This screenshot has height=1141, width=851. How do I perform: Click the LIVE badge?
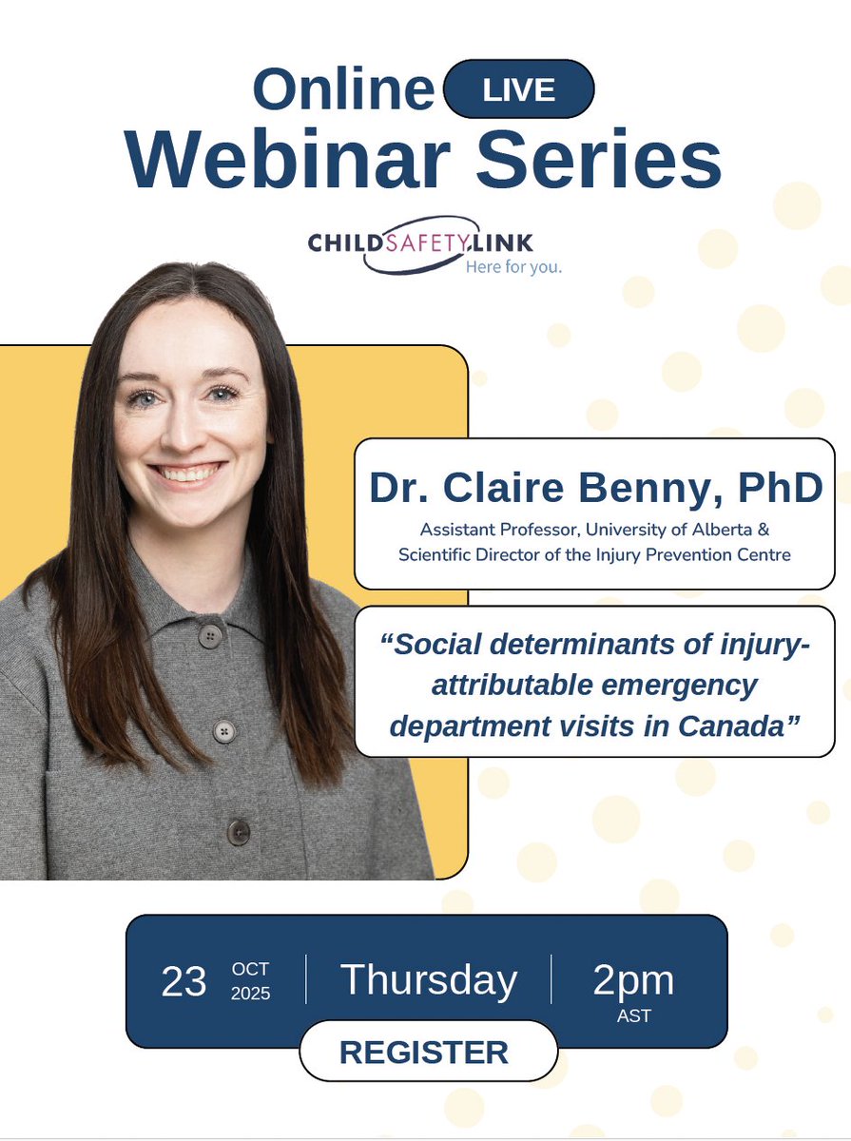[519, 90]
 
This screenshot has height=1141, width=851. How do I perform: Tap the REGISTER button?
[424, 1053]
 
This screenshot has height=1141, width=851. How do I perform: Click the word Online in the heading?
[343, 91]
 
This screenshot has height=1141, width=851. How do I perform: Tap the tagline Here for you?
[513, 267]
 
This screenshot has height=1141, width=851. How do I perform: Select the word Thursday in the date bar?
[429, 980]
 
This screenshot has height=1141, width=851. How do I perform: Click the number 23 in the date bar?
[184, 981]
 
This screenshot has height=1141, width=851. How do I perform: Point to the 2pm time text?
[633, 980]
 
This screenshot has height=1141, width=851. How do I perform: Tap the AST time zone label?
[633, 1016]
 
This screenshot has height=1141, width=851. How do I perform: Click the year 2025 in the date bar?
[251, 994]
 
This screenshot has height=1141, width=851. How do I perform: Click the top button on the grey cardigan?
[210, 635]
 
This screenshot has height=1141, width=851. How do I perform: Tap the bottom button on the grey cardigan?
[237, 831]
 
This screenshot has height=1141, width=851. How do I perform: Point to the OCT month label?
[251, 969]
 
